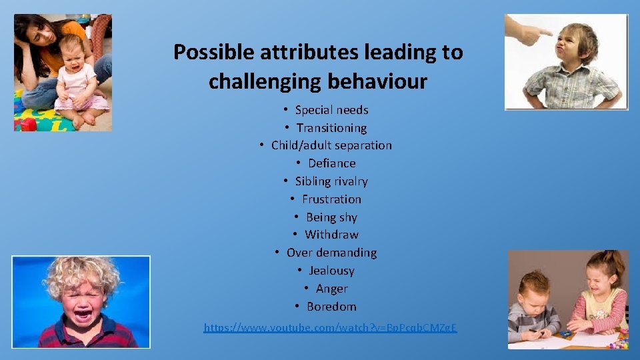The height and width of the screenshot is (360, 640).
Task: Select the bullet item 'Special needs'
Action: click(x=331, y=110)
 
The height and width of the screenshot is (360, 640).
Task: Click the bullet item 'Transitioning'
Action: click(x=331, y=128)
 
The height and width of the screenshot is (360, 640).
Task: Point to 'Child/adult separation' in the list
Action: click(x=331, y=145)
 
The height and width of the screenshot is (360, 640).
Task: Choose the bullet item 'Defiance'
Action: click(x=331, y=163)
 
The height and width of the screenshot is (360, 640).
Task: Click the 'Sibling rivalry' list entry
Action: click(x=331, y=181)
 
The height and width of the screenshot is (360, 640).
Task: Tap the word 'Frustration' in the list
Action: click(x=331, y=199)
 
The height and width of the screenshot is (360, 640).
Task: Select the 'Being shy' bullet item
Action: click(x=331, y=217)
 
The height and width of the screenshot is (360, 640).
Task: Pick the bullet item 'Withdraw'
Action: click(x=331, y=235)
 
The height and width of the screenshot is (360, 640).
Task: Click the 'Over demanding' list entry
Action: click(x=331, y=253)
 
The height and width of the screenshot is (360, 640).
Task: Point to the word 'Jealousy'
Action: click(x=331, y=271)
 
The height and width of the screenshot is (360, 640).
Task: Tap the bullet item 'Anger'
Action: click(x=331, y=289)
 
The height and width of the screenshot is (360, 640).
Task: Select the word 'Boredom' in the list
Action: click(x=331, y=307)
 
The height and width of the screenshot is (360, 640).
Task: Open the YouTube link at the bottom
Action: click(x=330, y=327)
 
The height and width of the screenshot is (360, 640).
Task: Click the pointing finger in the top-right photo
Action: click(x=533, y=29)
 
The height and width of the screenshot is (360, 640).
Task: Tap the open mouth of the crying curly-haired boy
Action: click(x=83, y=312)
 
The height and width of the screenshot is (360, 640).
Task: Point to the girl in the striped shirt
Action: click(x=600, y=300)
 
